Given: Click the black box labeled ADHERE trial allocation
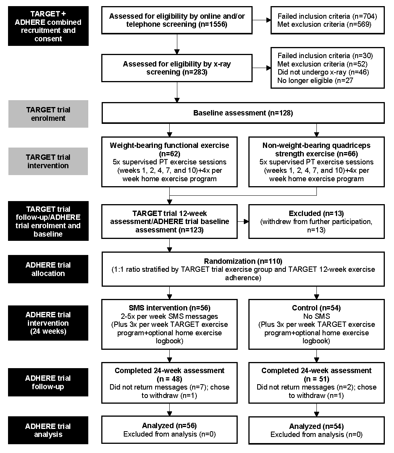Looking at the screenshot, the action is [48, 269].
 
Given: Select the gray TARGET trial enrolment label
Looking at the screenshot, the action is [48, 114].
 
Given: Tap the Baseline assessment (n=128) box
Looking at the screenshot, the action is [243, 113].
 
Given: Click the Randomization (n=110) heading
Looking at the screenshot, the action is [243, 261].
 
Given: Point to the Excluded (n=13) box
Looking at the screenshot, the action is [316, 222].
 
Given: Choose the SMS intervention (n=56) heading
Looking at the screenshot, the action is [170, 308].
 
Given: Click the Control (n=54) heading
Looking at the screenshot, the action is [316, 308].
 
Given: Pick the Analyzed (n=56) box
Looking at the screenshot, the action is [170, 430].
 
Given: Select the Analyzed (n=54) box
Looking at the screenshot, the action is [316, 430].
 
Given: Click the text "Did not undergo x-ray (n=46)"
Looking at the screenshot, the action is [323, 72].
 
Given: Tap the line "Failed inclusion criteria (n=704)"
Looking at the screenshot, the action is [327, 16].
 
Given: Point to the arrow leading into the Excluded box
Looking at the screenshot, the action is [243, 222].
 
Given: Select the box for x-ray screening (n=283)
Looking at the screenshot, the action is [177, 68].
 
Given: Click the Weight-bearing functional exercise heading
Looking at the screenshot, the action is [170, 149].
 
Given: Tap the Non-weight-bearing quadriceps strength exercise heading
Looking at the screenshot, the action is [316, 149].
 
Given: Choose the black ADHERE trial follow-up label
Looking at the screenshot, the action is [48, 382].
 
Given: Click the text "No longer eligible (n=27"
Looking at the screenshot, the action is [315, 81].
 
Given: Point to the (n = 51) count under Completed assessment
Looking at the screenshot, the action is [316, 379].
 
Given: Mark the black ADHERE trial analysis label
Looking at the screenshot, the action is [48, 430].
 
